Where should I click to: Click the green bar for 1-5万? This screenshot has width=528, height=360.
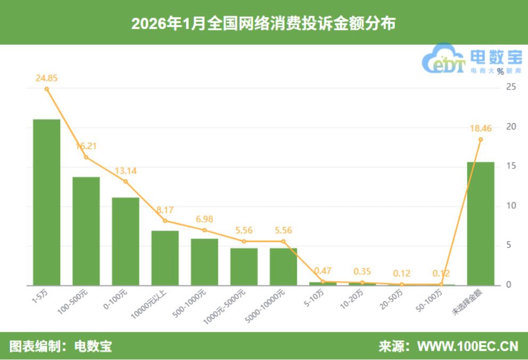pos(46,202)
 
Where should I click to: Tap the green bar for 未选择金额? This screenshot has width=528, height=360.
pos(480,223)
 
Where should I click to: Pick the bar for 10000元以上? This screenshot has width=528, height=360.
pos(165,258)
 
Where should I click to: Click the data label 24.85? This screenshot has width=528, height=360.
pos(46,78)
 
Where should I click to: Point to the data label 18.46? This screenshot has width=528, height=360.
pos(480,128)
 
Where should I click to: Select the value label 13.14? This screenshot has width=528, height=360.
pos(126,170)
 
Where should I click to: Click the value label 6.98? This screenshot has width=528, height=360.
pos(204,219)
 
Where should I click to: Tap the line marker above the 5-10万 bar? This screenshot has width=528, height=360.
pos(323,282)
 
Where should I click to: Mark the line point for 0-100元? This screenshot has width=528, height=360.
pos(126,182)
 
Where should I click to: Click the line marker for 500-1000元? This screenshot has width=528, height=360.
pos(204,230)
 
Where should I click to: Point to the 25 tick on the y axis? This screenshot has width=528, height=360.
pos(510,87)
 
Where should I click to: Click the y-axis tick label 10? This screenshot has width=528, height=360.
pos(510,206)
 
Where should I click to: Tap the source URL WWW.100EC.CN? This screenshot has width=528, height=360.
pos(467,347)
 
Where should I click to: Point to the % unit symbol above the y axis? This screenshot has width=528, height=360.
pos(500,71)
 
